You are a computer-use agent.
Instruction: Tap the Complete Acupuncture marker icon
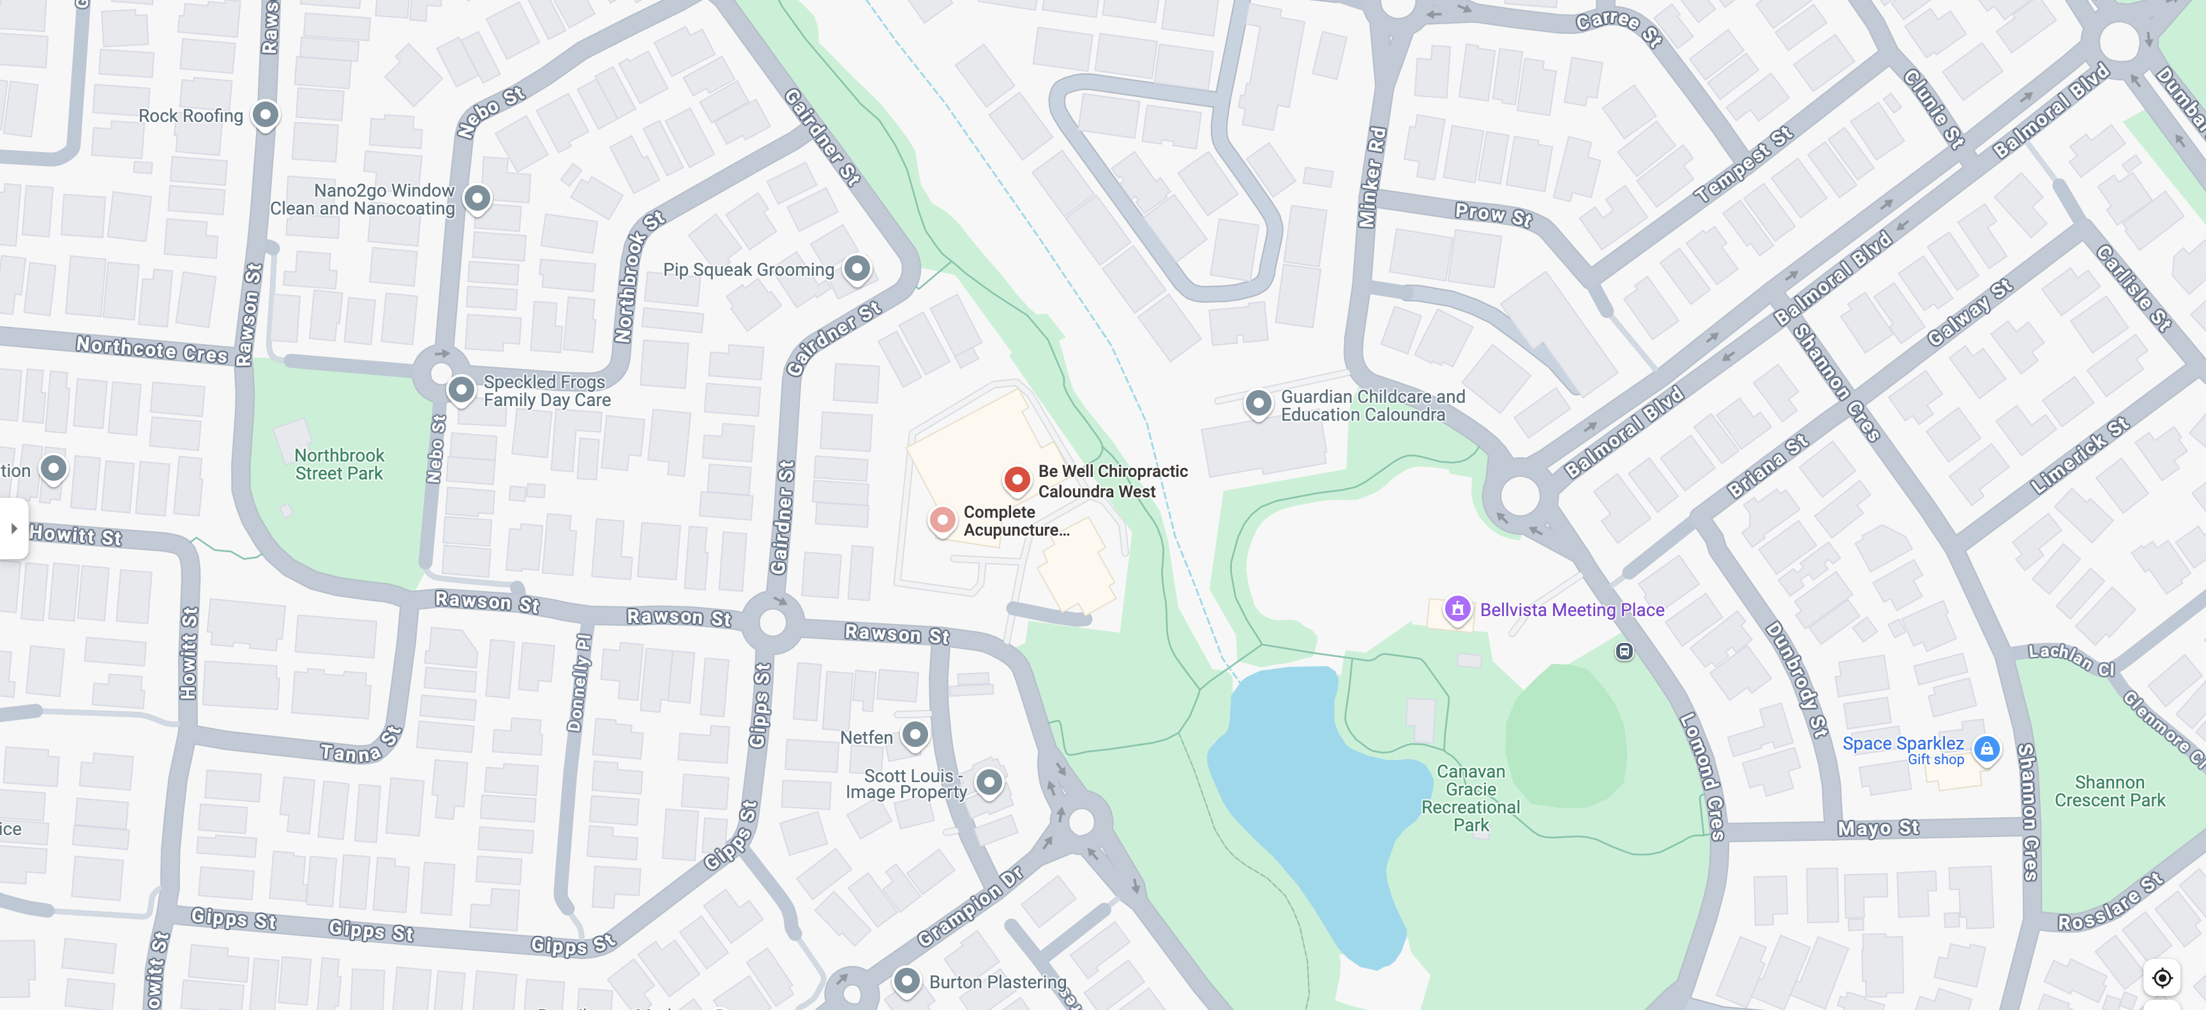pos(942,519)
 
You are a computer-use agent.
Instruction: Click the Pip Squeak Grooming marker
pos(857,269)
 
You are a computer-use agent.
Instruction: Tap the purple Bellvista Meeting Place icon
pos(1457,609)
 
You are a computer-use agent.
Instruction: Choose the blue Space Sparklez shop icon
pos(1986,749)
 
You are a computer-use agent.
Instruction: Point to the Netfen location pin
pos(915,735)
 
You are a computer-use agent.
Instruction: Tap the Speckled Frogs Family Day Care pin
pos(461,390)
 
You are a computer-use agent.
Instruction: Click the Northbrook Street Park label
pos(339,464)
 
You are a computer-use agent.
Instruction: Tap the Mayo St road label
pos(1878,829)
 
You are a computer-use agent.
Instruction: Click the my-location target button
pos(2161,977)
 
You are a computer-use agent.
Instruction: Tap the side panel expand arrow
pos(13,529)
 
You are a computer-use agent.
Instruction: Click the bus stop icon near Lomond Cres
pos(1624,652)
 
